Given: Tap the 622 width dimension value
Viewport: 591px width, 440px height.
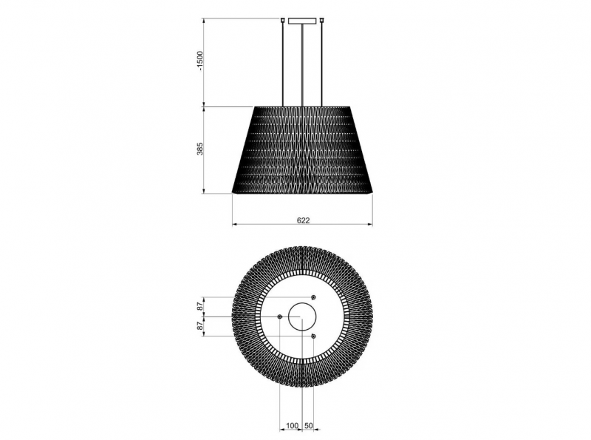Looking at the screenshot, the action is pyautogui.click(x=303, y=220).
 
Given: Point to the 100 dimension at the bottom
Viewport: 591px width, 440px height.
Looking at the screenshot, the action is pyautogui.click(x=292, y=426).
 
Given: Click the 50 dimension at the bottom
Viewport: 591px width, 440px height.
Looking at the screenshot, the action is pyautogui.click(x=308, y=426).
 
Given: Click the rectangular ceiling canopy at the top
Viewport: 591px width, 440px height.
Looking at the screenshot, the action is pyautogui.click(x=302, y=21).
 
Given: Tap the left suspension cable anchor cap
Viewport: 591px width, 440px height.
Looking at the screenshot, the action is pyautogui.click(x=283, y=20).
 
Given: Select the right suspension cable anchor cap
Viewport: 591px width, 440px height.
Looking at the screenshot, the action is pyautogui.click(x=321, y=20).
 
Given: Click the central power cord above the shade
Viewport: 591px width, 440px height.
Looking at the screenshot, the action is pyautogui.click(x=302, y=65).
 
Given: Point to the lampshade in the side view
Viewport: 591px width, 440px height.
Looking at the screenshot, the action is pyautogui.click(x=302, y=150).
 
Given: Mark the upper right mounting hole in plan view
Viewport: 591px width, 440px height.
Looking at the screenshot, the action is pyautogui.click(x=313, y=297).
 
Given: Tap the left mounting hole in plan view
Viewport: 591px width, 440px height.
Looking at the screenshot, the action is pyautogui.click(x=280, y=317).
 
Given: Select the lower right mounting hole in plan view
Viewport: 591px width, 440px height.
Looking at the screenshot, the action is pyautogui.click(x=313, y=336).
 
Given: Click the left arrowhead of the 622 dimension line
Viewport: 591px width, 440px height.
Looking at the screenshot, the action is pyautogui.click(x=234, y=225).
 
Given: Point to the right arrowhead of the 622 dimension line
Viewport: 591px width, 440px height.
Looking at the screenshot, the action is pyautogui.click(x=371, y=225).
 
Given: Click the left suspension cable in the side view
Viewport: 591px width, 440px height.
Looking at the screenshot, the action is pyautogui.click(x=283, y=64).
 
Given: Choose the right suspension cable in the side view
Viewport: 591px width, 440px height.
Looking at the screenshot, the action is pyautogui.click(x=321, y=64).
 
